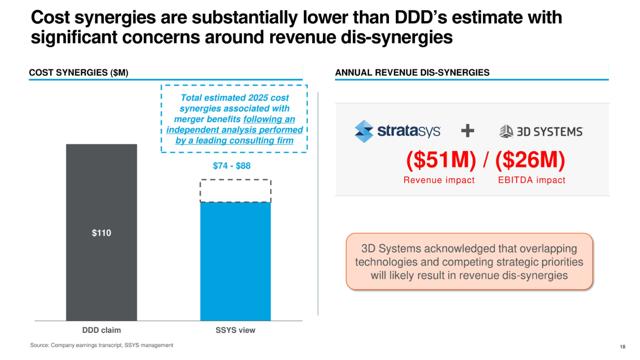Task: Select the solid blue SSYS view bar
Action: tap(235, 261)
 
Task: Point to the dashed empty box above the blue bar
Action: tap(235, 191)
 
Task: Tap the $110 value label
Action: tap(101, 233)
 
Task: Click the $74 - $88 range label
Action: tap(231, 166)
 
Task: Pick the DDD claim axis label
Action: tap(101, 330)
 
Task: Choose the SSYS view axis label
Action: tap(235, 330)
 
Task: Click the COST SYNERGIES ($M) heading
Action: tap(79, 73)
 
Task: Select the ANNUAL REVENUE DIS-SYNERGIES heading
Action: tap(412, 73)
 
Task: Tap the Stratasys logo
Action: tap(397, 131)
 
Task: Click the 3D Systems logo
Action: tap(541, 131)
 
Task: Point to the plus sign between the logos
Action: tap(468, 131)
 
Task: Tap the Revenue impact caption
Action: tap(439, 180)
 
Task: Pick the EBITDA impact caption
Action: tap(532, 180)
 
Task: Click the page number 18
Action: tap(622, 347)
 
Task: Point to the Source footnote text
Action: tap(101, 345)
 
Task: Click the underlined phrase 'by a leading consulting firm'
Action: tap(234, 140)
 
